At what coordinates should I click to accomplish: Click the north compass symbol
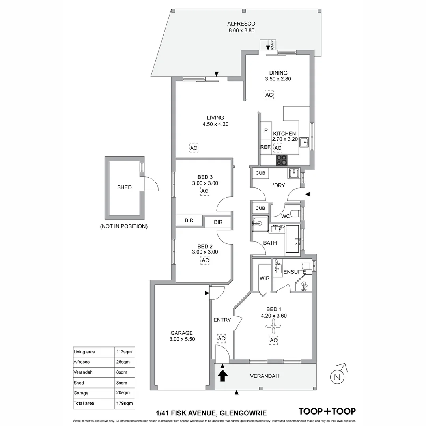tap(338, 376)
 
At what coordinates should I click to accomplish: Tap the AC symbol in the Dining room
tap(269, 95)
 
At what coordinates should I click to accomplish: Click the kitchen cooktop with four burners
tap(282, 159)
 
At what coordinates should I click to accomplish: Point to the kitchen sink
tap(304, 142)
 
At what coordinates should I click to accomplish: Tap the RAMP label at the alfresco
tap(272, 45)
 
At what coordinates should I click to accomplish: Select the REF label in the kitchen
tap(265, 147)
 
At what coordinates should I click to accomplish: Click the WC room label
tap(286, 216)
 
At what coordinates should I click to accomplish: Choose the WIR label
tap(264, 278)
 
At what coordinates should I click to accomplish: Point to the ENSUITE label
tap(294, 272)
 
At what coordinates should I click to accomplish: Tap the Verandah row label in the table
tap(83, 372)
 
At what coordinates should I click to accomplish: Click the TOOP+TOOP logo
tap(327, 411)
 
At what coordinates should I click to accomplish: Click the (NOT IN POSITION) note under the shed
tap(124, 226)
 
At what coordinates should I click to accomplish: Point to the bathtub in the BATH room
tap(292, 239)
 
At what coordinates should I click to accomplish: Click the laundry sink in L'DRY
tap(293, 173)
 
